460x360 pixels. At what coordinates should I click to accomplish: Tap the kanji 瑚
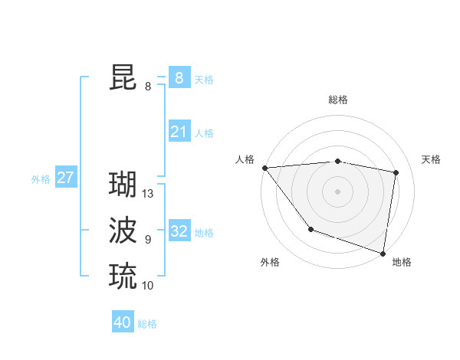[x=123, y=184]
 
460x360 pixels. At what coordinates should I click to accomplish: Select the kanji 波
[x=123, y=230]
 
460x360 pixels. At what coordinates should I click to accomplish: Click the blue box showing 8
[x=179, y=77]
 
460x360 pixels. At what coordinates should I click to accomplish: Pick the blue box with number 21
[x=179, y=132]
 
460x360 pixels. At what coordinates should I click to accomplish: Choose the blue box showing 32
[x=179, y=231]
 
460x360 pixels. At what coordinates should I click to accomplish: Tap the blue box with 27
[x=65, y=178]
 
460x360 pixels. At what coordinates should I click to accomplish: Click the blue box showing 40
[x=123, y=322]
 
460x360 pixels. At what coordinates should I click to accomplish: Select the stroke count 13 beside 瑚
[x=148, y=195]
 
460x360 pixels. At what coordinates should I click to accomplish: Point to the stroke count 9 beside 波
[x=148, y=240]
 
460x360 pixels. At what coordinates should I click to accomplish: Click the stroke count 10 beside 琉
[x=148, y=286]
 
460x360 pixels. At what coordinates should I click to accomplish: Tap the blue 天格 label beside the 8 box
[x=204, y=79]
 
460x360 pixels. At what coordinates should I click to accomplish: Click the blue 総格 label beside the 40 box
[x=147, y=324]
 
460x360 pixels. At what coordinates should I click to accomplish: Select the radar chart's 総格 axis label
[x=337, y=100]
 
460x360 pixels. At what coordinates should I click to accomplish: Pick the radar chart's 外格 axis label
[x=270, y=262]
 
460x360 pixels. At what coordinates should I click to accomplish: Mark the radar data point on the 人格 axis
[x=264, y=168]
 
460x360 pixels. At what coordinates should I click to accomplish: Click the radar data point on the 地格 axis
[x=383, y=253]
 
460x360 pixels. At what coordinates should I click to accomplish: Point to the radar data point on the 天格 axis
[x=396, y=172]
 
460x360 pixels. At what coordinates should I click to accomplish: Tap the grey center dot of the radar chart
[x=337, y=191]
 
